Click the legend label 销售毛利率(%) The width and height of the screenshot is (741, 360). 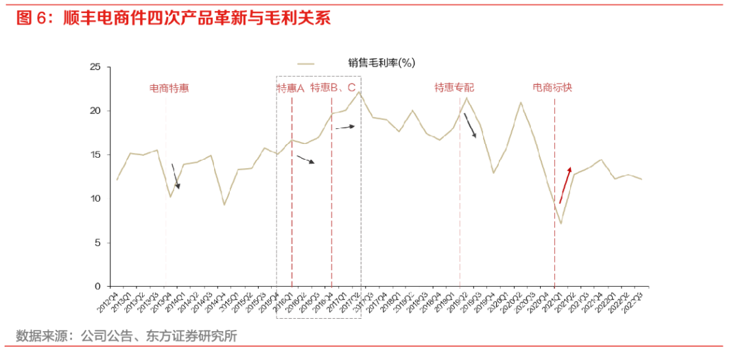coord(381,63)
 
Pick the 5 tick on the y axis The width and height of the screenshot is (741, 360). coord(97,243)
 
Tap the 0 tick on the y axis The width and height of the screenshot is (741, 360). coord(97,287)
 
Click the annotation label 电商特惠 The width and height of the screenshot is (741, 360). coord(169,88)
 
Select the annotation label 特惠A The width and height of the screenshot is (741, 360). coord(290,88)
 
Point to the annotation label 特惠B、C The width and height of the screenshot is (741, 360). coord(333,88)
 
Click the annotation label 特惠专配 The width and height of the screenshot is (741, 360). coord(454,88)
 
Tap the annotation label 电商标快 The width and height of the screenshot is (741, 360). coord(553,88)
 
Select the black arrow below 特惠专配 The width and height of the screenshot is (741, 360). coord(470,126)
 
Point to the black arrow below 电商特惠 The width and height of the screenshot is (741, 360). coord(175,176)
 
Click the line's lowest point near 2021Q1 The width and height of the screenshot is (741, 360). coord(561,224)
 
